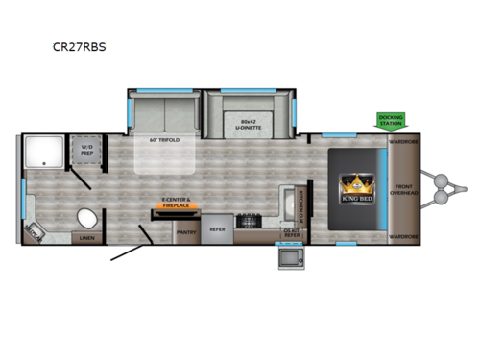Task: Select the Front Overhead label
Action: click(404, 189)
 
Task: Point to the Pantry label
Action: click(185, 231)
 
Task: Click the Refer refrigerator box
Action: click(217, 229)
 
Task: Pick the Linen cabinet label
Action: click(86, 237)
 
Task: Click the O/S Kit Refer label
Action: click(290, 231)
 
